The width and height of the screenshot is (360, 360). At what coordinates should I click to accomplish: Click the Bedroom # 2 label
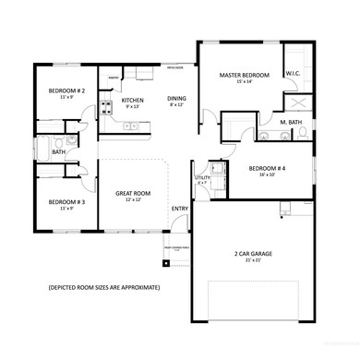66,90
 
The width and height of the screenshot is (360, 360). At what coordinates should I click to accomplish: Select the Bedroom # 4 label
269,168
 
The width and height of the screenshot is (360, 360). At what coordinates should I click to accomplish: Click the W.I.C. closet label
294,75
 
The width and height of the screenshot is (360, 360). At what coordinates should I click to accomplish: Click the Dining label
176,99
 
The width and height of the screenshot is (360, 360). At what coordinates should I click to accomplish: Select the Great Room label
133,194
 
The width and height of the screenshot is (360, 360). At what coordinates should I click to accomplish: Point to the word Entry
181,208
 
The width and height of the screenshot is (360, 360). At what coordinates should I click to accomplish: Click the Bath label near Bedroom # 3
58,152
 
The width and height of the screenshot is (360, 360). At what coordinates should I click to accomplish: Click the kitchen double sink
131,126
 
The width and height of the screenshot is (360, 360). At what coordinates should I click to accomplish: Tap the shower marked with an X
297,102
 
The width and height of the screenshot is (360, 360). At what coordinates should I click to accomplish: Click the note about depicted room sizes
104,288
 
